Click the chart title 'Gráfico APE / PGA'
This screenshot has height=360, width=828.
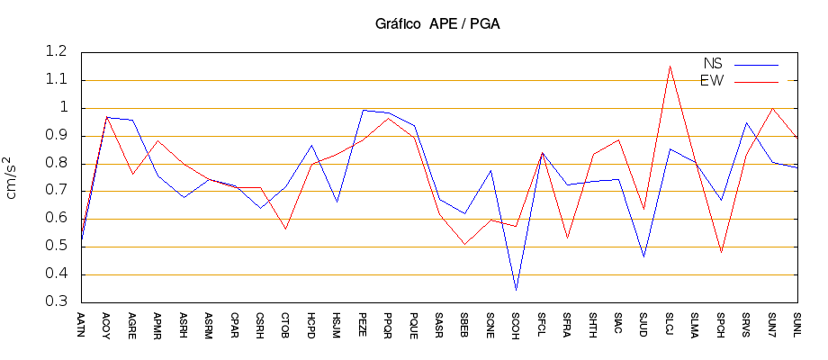tap(437, 24)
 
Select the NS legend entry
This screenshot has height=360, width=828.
tap(713, 64)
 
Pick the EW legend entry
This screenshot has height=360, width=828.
tap(712, 81)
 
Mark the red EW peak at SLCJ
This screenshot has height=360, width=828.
tap(670, 66)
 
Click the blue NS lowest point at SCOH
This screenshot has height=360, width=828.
tap(516, 290)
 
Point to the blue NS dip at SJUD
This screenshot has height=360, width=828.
tap(643, 257)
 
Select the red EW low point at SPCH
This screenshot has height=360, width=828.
tap(721, 253)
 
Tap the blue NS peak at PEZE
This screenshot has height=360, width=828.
tap(363, 110)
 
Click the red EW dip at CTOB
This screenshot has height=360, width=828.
tap(285, 229)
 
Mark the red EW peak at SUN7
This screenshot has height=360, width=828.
tap(772, 108)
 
